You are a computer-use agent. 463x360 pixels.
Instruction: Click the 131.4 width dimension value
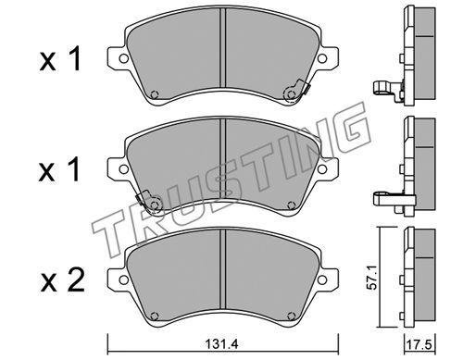pyautogui.click(x=222, y=344)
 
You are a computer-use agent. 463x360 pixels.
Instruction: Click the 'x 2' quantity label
pyautogui.click(x=63, y=279)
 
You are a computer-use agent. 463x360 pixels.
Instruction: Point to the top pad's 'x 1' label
pyautogui.click(x=61, y=58)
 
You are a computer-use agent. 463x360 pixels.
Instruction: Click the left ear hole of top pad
pyautogui.click(x=124, y=58)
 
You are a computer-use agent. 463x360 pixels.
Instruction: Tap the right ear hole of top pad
pyautogui.click(x=322, y=58)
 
